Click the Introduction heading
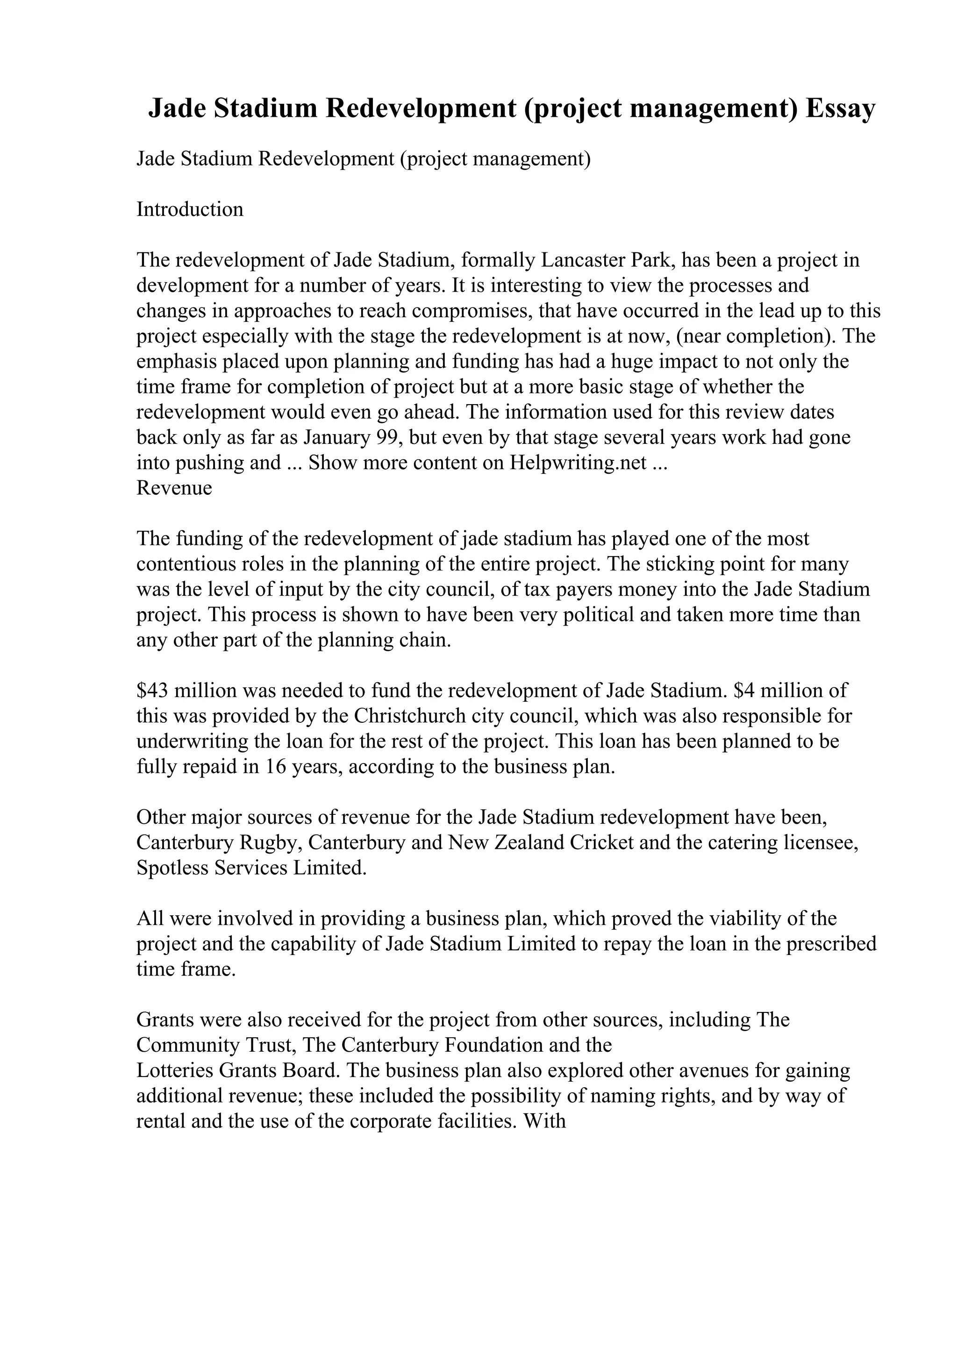coord(190,209)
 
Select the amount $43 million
coord(186,690)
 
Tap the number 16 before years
coord(273,766)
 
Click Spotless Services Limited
coord(251,868)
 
